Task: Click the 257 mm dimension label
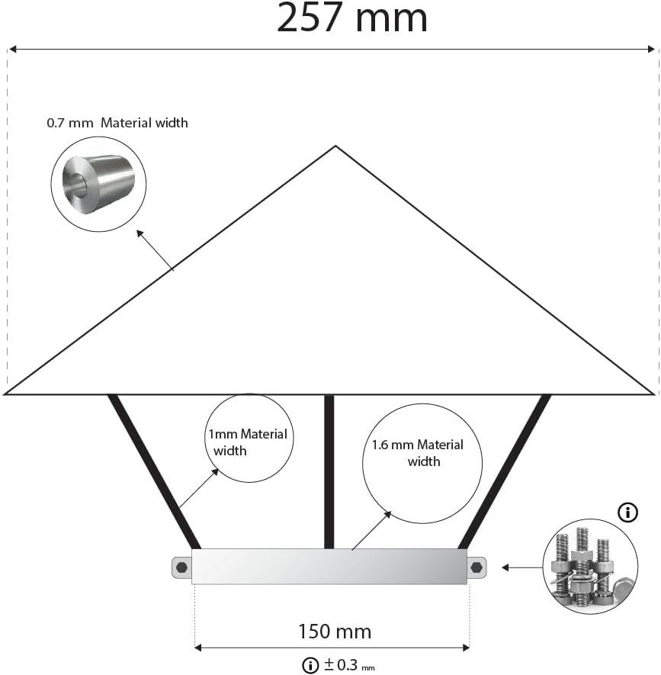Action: coord(351,18)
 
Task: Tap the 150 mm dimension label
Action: coord(335,632)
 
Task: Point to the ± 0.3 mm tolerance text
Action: coord(349,665)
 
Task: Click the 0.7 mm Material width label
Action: coord(117,123)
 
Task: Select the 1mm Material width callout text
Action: coord(248,442)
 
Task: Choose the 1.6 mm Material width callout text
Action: coord(418,453)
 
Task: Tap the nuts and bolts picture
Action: coord(590,567)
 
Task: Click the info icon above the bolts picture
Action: coord(628,513)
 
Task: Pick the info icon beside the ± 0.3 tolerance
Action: coord(310,666)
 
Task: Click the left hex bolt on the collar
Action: coord(181,567)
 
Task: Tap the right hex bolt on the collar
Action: coord(476,567)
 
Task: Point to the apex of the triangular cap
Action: coord(335,146)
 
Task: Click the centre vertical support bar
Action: coord(329,472)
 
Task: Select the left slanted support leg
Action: coord(154,472)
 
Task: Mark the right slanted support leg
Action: coord(505,472)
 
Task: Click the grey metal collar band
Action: coord(329,567)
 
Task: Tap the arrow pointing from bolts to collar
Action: coord(522,567)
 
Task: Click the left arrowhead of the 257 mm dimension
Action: coord(13,49)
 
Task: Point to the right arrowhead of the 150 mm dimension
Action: coord(465,648)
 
